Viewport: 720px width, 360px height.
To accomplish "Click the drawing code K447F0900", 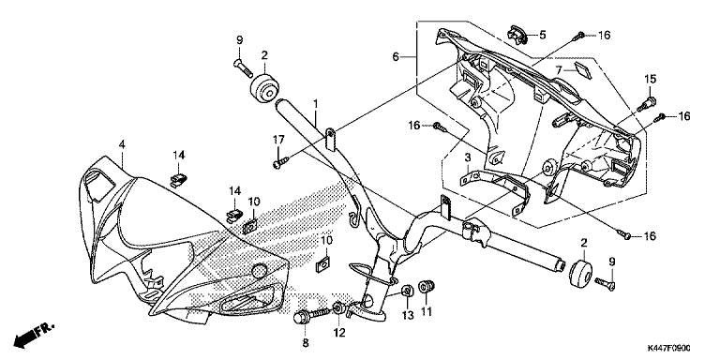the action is click(x=668, y=349).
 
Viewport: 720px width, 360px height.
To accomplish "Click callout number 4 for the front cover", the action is click(x=122, y=144).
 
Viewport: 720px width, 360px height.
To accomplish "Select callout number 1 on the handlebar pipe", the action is click(x=316, y=104).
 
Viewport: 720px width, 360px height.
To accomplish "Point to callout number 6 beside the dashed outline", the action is click(x=396, y=57).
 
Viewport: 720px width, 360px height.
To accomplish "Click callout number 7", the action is click(x=559, y=70).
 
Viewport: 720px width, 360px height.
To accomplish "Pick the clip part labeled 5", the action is click(x=517, y=36).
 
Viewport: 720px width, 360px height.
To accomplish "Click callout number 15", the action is click(x=650, y=79).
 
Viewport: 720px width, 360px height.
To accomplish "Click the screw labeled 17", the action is click(x=280, y=162).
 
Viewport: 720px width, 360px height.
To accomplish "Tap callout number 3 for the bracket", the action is click(x=468, y=157).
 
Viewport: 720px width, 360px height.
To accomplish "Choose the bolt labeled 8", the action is click(x=312, y=315).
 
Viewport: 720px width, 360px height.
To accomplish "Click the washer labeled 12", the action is click(x=337, y=307).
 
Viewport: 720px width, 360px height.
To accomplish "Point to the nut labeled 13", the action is click(x=406, y=292).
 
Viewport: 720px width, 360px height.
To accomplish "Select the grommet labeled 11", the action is click(x=427, y=286).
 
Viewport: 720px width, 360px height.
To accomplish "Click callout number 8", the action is click(x=306, y=342).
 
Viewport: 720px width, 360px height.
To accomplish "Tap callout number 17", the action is click(x=278, y=139).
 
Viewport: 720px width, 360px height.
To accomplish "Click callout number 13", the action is click(x=407, y=315).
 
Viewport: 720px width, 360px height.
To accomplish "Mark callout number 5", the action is click(x=542, y=35).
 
